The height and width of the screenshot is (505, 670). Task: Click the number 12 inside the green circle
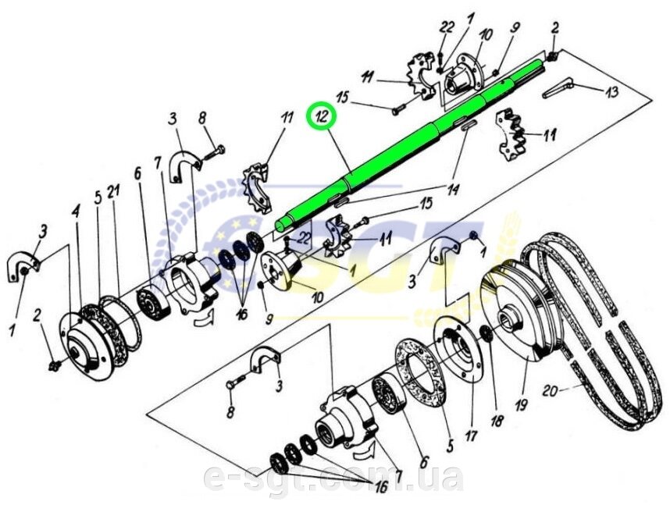point(322,119)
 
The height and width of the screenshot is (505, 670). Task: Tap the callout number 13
point(611,92)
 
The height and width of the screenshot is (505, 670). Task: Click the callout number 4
point(77,211)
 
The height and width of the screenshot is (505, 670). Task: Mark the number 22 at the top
point(447,27)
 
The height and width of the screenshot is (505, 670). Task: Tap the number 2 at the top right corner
point(554,29)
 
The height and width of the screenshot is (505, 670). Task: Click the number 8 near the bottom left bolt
point(230,412)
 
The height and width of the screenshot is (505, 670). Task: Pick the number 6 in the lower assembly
point(423,462)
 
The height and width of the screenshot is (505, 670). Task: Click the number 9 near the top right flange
point(515,27)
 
